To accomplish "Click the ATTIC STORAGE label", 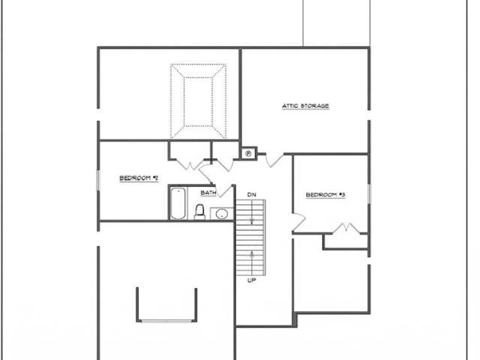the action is click(305, 106).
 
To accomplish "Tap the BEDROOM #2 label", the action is click(139, 178).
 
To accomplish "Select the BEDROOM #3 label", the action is click(325, 195).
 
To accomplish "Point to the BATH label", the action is click(208, 193).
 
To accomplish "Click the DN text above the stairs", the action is click(252, 195).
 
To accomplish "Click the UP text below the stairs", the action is click(252, 280).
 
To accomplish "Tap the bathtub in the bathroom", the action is click(178, 203).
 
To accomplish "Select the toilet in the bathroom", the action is click(199, 211).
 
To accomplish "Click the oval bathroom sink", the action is click(222, 214).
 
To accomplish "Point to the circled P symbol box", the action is click(248, 153).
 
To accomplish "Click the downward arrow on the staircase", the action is click(252, 212).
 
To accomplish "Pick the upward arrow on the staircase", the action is click(252, 262).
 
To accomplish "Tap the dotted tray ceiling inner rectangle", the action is click(198, 101).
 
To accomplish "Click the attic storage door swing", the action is click(274, 160).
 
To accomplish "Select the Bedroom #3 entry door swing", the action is click(299, 222).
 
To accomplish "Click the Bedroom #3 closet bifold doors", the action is click(346, 228).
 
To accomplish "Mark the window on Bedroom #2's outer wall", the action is click(98, 180).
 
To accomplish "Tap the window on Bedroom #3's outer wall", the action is click(369, 193).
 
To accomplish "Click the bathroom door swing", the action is click(225, 191).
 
